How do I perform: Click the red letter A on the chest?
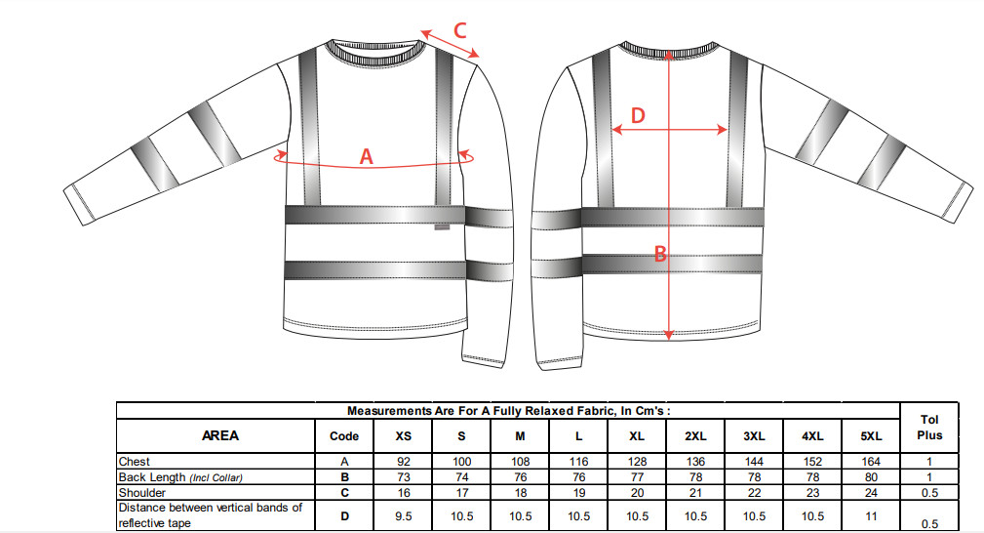click(x=367, y=156)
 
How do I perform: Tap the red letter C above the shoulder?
click(x=459, y=30)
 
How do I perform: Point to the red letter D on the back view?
click(x=638, y=115)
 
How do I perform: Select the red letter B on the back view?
click(x=660, y=254)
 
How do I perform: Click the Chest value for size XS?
click(x=404, y=462)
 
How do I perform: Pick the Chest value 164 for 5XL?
click(x=871, y=462)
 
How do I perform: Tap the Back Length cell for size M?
click(x=520, y=477)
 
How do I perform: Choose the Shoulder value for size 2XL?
click(x=695, y=493)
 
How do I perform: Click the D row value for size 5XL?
click(x=871, y=516)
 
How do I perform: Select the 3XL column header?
click(x=754, y=436)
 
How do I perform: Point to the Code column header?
click(x=344, y=436)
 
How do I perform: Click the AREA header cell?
click(x=220, y=435)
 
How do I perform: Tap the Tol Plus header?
click(x=929, y=428)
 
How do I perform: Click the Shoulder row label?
click(x=141, y=493)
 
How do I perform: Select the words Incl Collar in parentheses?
click(x=216, y=477)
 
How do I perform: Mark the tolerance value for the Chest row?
click(x=929, y=462)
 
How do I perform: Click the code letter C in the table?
click(x=344, y=493)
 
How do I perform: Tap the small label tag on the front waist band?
click(x=442, y=227)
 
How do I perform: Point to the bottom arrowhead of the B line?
click(x=669, y=335)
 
